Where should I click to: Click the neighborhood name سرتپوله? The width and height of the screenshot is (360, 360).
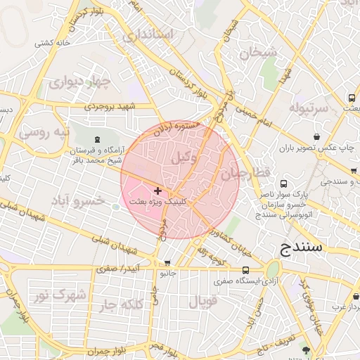click(308, 109)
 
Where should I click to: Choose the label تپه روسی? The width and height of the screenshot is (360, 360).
click(44, 131)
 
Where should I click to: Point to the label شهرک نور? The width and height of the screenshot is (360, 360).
click(62, 294)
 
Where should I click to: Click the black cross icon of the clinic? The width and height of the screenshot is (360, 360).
click(157, 191)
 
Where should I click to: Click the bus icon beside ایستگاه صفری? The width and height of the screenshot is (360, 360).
click(245, 270)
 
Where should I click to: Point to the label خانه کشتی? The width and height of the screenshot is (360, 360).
click(56, 44)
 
